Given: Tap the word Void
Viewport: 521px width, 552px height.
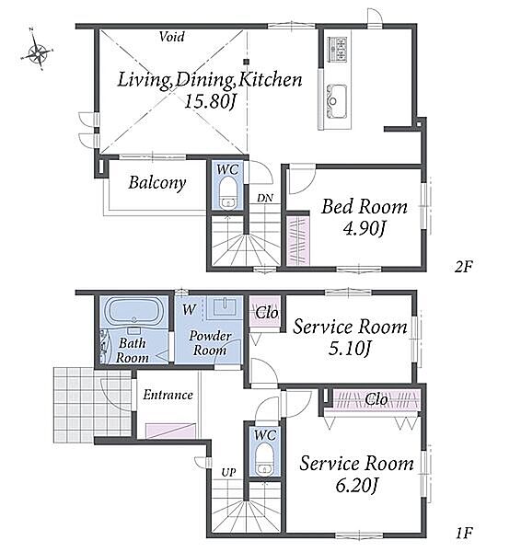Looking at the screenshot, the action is click(171, 37).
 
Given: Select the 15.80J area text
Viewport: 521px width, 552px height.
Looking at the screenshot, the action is click(210, 102).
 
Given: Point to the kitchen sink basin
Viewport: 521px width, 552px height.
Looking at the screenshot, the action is click(337, 101).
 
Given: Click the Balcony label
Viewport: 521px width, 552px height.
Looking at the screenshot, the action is click(157, 183).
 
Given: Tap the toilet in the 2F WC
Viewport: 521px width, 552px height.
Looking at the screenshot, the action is click(227, 193).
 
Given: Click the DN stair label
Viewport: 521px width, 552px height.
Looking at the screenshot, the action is click(265, 198).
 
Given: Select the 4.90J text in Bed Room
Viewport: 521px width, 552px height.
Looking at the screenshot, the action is click(364, 228).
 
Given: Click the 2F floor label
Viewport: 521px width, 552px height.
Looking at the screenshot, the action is click(463, 267).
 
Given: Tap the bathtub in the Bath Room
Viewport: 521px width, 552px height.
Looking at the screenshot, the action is click(133, 311).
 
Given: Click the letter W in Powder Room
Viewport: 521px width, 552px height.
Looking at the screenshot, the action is click(190, 310).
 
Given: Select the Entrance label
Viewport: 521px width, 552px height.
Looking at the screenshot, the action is click(168, 395).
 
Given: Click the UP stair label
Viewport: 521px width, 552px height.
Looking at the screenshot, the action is click(228, 473).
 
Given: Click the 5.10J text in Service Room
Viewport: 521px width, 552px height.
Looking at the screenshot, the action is click(350, 349).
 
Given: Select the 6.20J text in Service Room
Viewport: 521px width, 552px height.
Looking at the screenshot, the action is click(356, 486).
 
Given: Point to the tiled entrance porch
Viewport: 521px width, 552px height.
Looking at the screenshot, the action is click(92, 405).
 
